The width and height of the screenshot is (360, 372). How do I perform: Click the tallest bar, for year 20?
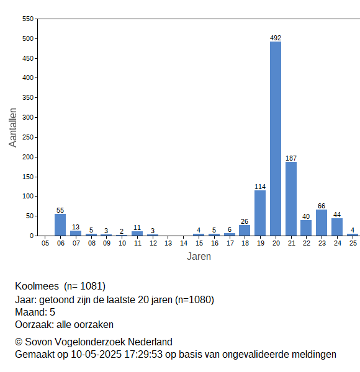pos(276,138)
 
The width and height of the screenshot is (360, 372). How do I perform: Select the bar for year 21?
pos(291,199)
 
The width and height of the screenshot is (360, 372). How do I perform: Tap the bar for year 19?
pos(260,213)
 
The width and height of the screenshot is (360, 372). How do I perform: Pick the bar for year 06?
pos(60,225)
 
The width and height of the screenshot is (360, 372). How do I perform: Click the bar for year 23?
pos(322,223)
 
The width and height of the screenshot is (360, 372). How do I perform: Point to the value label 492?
pos(276,38)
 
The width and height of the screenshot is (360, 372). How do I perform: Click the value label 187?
pos(291,158)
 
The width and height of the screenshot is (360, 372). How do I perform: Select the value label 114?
pos(260,187)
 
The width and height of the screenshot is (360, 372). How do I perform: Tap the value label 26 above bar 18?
pos(245,221)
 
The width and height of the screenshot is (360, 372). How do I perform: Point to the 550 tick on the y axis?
pos(28,19)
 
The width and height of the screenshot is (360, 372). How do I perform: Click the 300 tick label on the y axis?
pos(28,117)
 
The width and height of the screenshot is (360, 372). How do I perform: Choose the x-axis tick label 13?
pos(168,243)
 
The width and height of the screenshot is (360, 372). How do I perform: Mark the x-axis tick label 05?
pos(45,243)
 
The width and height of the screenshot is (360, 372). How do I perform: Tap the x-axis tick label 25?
pos(353,243)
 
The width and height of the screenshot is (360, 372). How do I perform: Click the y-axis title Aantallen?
pos(13,128)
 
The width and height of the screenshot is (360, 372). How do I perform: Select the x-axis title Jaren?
pos(199,257)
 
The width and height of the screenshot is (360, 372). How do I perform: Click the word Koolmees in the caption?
pos(37,286)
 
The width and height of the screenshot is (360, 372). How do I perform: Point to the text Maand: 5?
pos(35,312)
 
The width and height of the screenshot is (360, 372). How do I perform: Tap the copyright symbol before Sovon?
pos(19,342)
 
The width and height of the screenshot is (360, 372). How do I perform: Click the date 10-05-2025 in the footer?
pos(96,355)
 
